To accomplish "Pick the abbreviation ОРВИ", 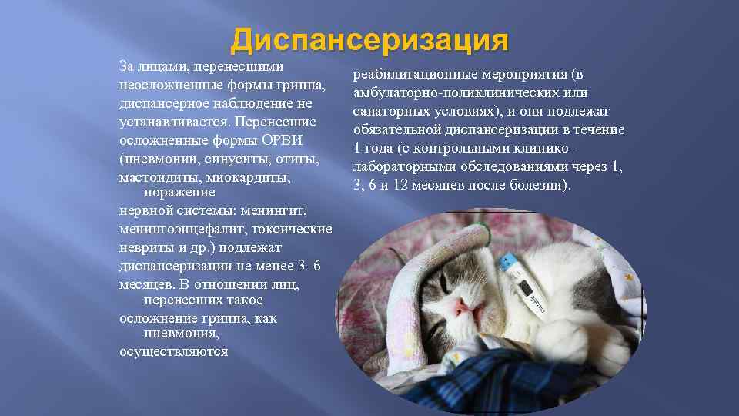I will (x=284, y=141).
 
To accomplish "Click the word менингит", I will (x=275, y=210).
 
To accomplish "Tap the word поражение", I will (x=180, y=193).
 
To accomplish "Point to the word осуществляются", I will (x=173, y=351).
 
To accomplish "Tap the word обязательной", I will (x=400, y=130).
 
